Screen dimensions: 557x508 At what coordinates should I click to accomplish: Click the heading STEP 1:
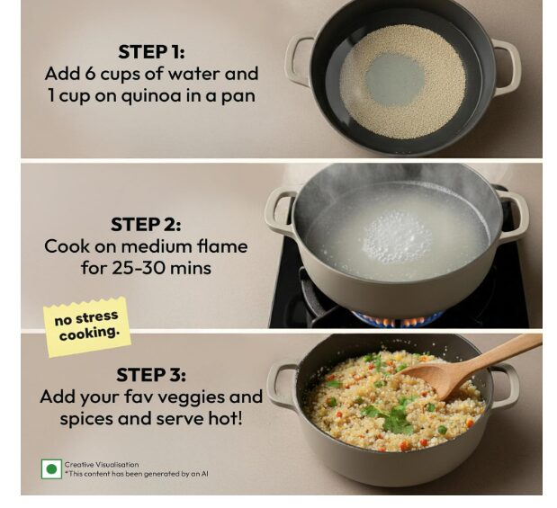[x=151, y=52]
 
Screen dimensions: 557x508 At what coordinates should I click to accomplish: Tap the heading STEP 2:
[x=146, y=225]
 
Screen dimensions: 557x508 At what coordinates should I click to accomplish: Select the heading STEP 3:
[x=151, y=375]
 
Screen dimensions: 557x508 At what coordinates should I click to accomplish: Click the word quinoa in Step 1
[x=152, y=96]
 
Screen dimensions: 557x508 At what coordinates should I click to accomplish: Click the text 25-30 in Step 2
[x=139, y=268]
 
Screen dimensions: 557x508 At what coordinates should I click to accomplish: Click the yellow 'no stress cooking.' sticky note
[x=87, y=326]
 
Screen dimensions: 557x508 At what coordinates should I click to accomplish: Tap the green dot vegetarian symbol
[x=51, y=469]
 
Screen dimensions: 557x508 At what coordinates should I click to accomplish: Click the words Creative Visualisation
[x=102, y=464]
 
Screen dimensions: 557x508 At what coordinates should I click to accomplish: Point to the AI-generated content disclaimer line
[x=136, y=474]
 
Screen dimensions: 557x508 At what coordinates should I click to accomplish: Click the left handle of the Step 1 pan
[x=299, y=60]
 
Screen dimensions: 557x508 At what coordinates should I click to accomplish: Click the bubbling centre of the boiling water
[x=397, y=235]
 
